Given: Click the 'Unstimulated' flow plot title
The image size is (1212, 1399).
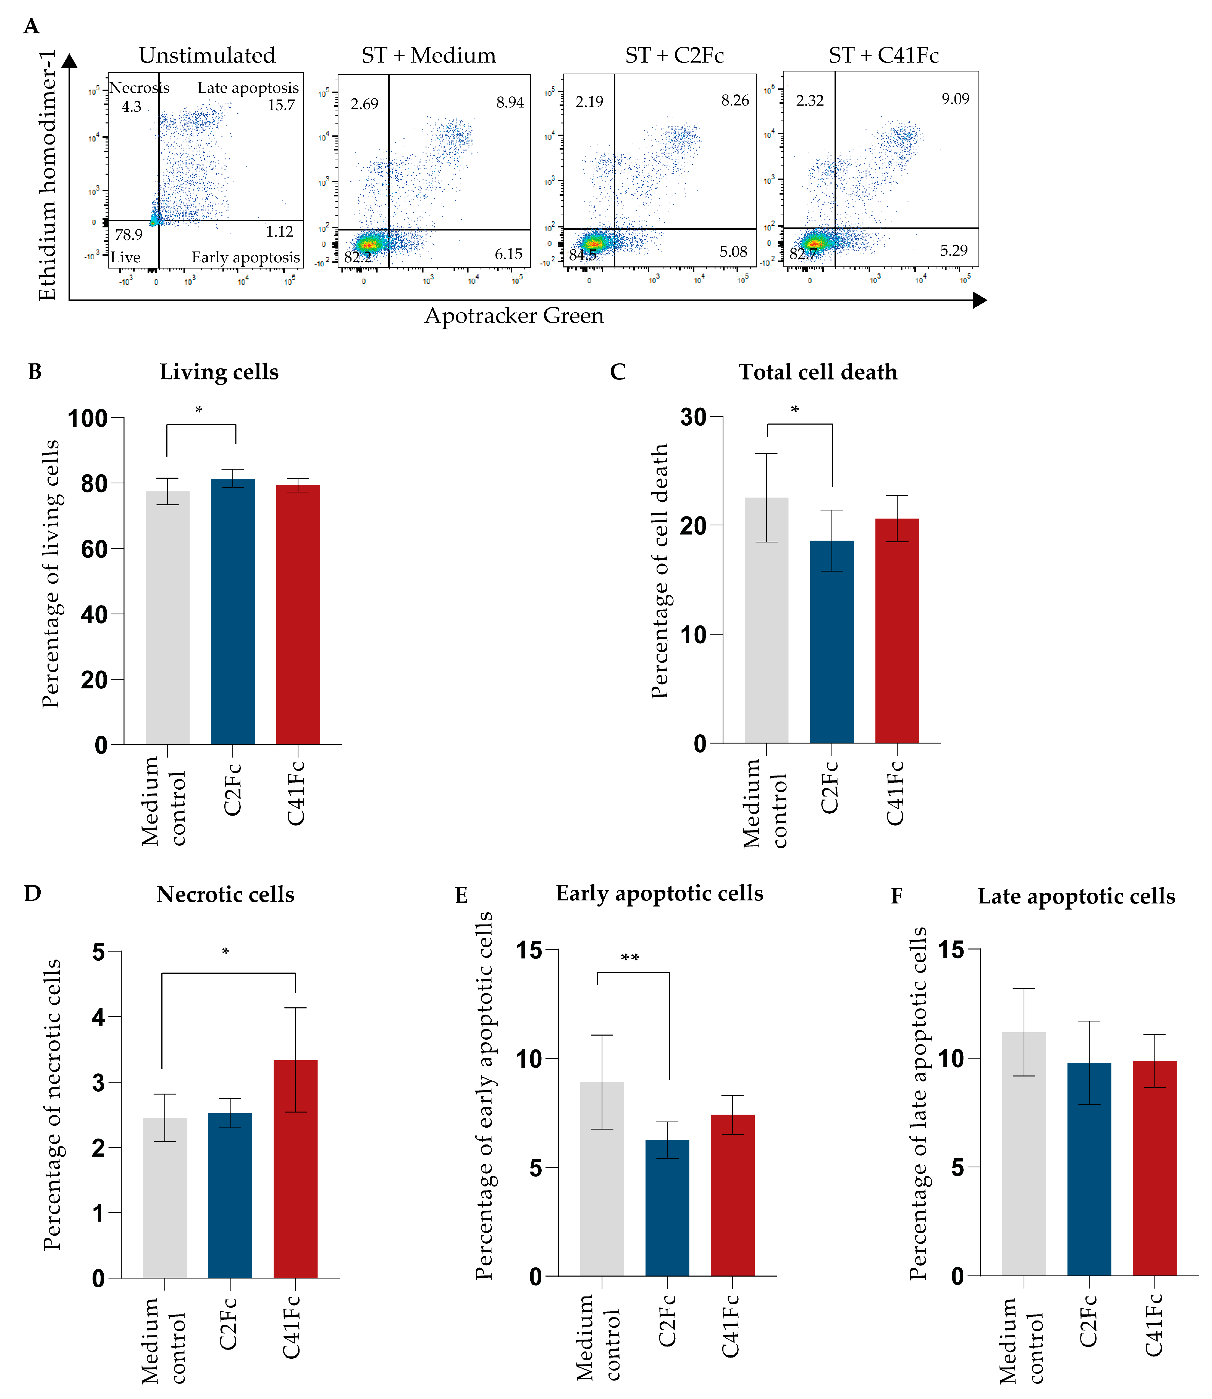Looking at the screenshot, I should point(207,56).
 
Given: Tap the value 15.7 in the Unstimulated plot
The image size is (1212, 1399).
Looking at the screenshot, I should point(281,105).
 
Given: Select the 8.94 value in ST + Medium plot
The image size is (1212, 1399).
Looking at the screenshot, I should point(510,102).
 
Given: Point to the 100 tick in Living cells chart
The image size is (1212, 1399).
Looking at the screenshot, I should point(88,419).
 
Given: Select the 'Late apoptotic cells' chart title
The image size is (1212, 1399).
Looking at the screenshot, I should point(1076,896).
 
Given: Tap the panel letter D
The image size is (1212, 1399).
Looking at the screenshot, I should point(32,894).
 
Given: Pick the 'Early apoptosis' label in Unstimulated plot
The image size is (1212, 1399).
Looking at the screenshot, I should point(245,258).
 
